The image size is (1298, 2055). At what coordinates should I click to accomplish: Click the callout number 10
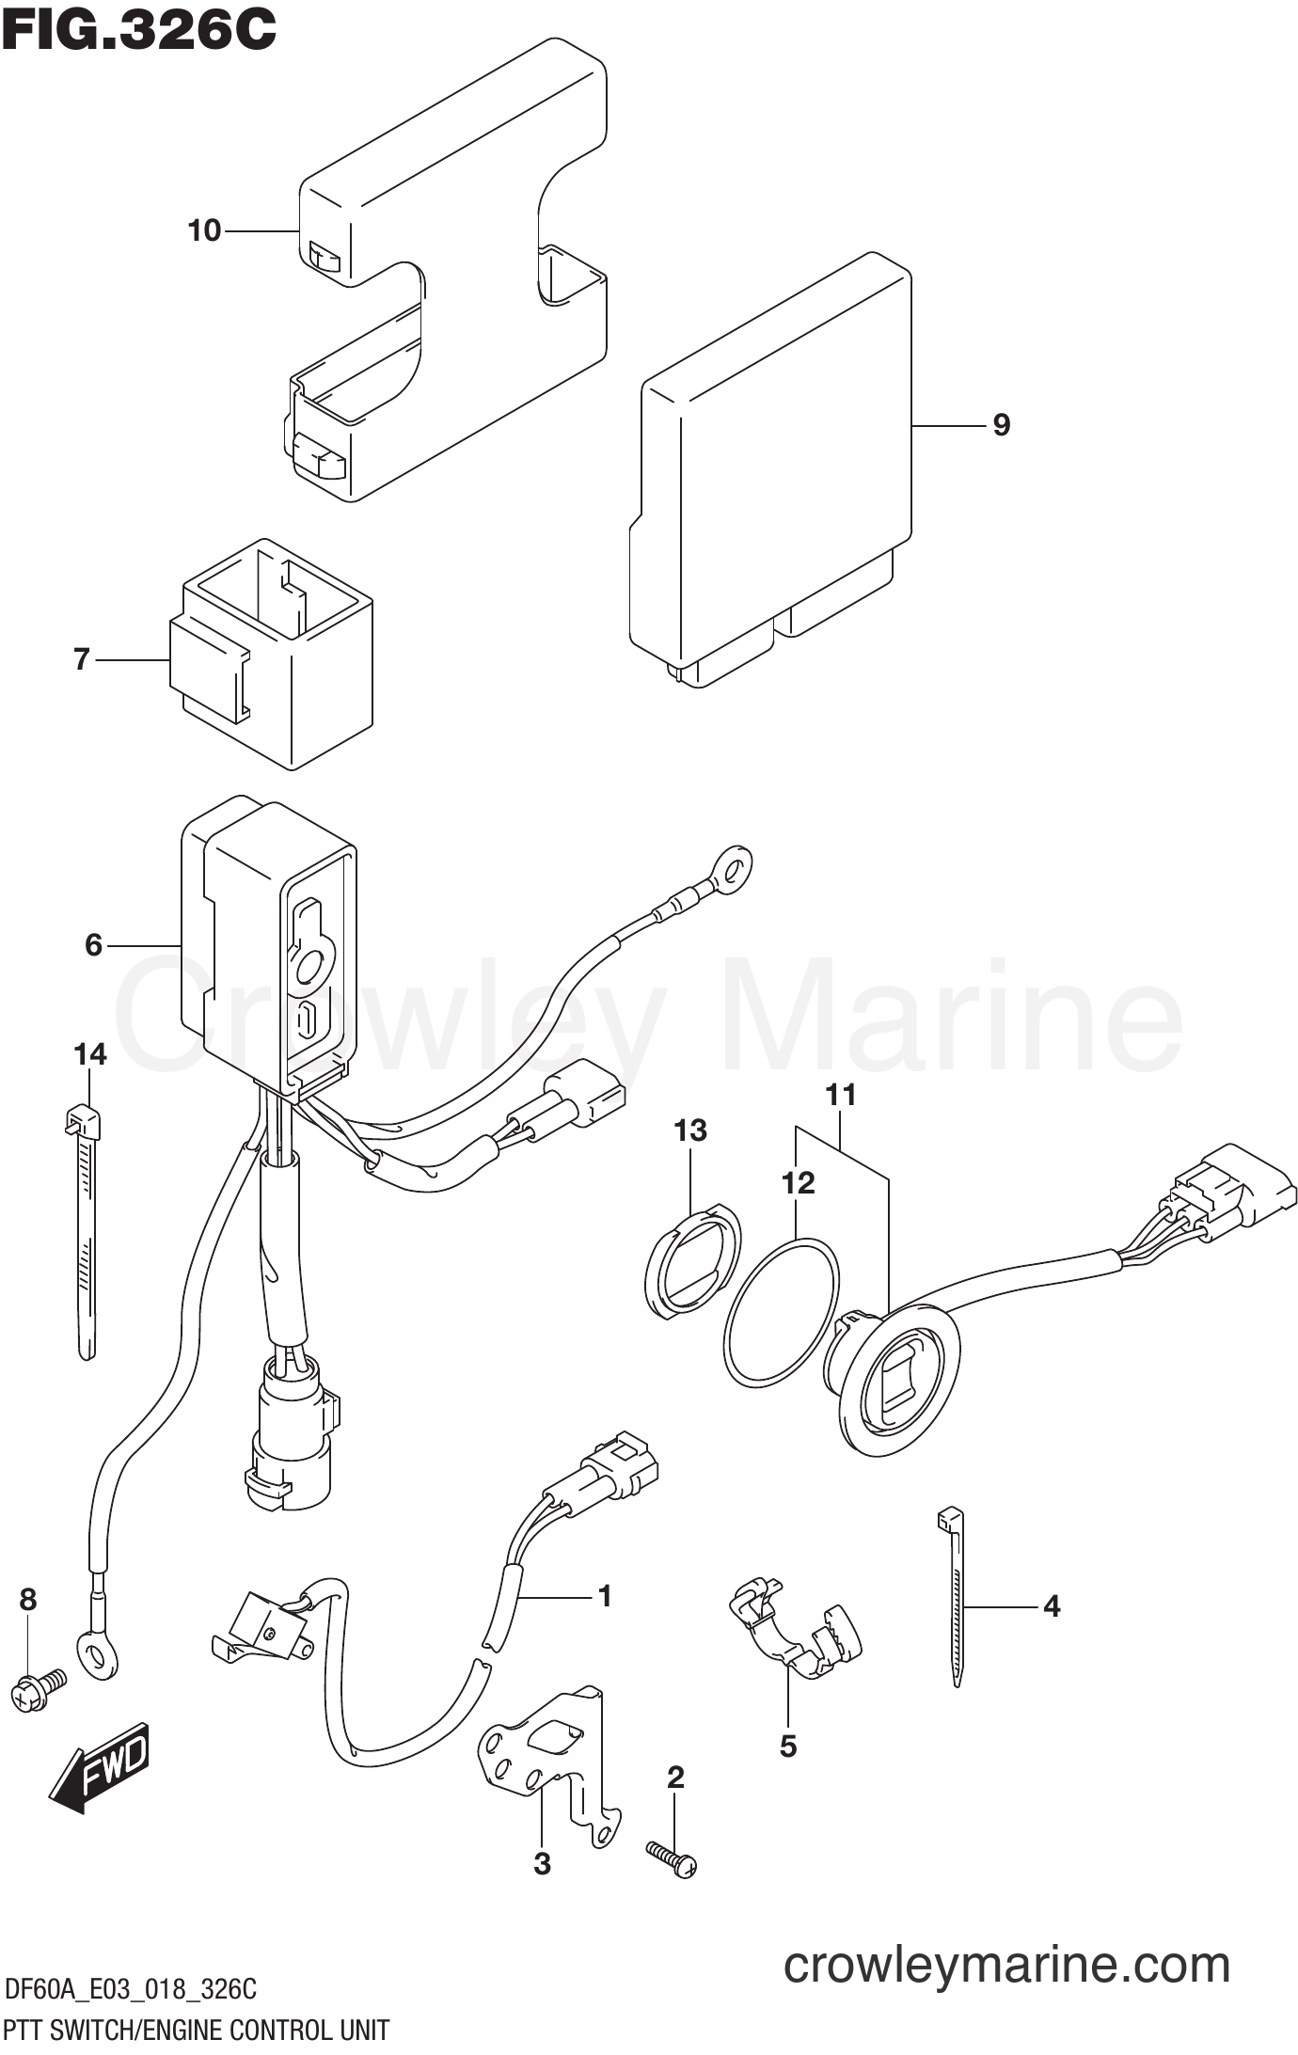coord(204,230)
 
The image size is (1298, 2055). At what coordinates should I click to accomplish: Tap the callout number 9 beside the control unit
coord(1002,425)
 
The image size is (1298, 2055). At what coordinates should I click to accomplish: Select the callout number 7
coord(82,659)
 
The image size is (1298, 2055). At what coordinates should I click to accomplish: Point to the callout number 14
coord(90,1054)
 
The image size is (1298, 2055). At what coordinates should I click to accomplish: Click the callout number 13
coord(690,1130)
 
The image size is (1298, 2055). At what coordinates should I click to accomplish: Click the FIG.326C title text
coord(138,31)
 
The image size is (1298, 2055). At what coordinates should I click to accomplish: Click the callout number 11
coord(841,1095)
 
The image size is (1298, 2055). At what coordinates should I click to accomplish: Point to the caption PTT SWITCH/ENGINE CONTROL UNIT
coord(197,2030)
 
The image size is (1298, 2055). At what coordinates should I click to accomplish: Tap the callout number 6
coord(93,944)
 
